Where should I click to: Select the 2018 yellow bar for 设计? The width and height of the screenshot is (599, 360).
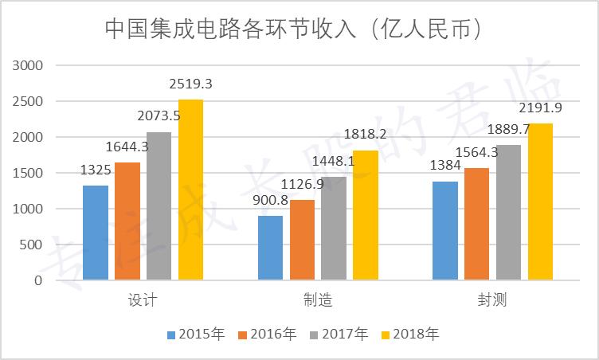190,190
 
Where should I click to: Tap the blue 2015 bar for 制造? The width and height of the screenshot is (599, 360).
270,248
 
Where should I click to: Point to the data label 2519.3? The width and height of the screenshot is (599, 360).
190,83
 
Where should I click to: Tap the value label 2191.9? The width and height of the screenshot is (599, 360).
540,108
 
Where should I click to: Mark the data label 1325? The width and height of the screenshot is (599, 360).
96,169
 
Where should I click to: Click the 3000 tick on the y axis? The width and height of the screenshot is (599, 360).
28,66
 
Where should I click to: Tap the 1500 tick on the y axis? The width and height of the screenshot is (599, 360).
28,174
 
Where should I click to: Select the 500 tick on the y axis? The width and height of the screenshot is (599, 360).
31,245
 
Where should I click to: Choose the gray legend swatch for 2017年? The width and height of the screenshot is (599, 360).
314,334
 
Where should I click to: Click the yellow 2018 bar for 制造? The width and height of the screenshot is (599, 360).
365,215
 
